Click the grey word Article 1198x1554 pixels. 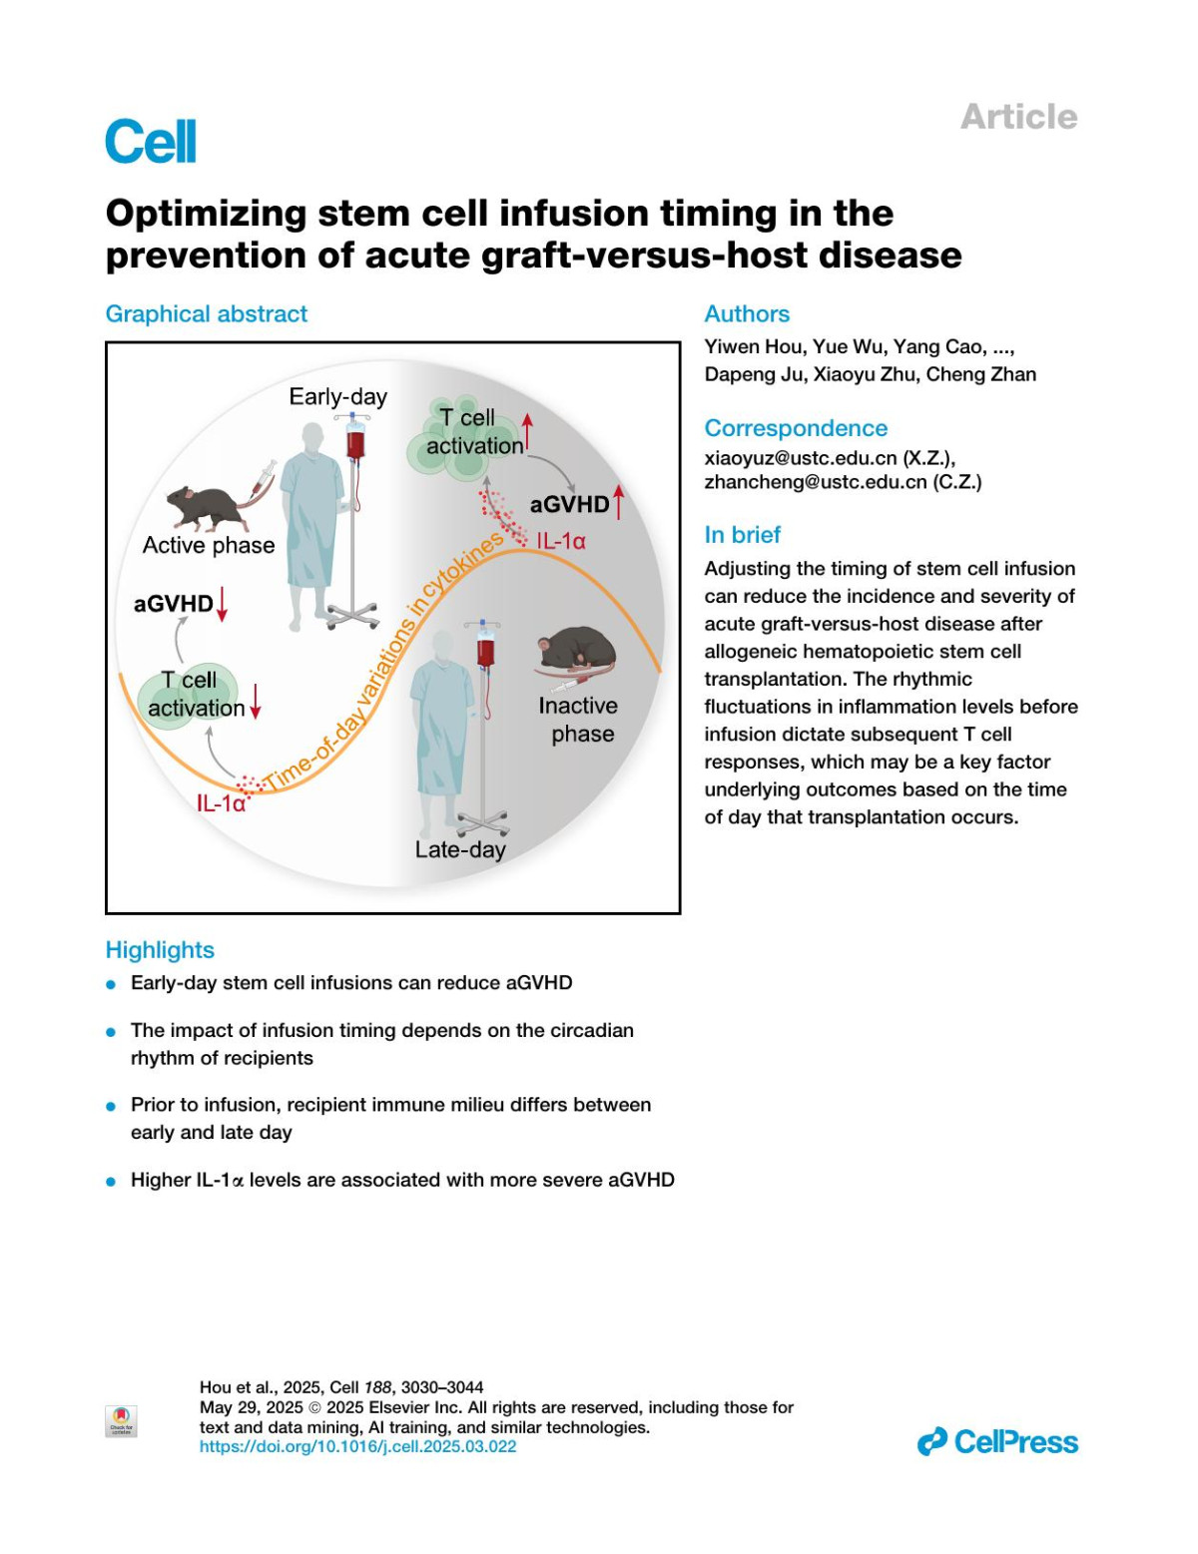coord(1018,117)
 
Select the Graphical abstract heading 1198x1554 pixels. coord(207,313)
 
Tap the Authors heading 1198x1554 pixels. coord(747,313)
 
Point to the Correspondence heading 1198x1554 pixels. coord(796,428)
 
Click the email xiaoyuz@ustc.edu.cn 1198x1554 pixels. coord(801,458)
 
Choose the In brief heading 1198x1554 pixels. coord(743,535)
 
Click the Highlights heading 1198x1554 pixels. coord(160,950)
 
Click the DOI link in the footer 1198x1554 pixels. coord(358,1446)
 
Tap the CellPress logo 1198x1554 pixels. coord(997,1442)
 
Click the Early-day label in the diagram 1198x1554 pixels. coord(337,396)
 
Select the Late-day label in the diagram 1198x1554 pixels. coord(460,849)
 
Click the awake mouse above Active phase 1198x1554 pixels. coord(208,507)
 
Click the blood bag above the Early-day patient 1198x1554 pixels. coord(355,439)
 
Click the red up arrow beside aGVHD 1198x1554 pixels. coord(619,502)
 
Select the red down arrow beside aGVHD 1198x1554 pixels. coord(222,603)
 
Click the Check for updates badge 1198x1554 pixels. coord(121,1420)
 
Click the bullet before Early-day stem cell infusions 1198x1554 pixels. coord(111,984)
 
